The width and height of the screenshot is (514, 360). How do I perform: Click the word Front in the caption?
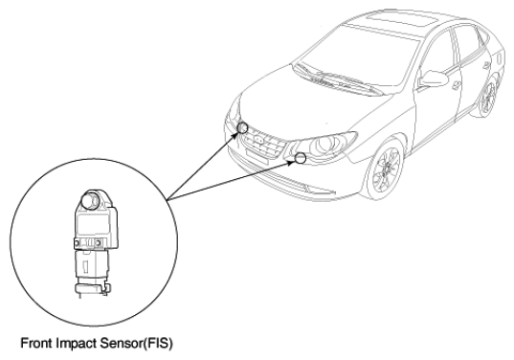36,344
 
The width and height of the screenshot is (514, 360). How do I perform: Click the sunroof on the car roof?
404,20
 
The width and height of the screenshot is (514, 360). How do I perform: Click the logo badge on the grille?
259,140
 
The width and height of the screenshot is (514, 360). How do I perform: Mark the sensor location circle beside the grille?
242,128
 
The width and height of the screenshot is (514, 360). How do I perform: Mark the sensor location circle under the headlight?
300,158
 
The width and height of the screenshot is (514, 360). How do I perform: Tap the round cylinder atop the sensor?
91,200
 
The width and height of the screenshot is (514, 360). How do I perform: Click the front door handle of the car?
456,85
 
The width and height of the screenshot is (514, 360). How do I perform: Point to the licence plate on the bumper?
257,156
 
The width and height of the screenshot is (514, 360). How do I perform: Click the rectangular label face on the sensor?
92,223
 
